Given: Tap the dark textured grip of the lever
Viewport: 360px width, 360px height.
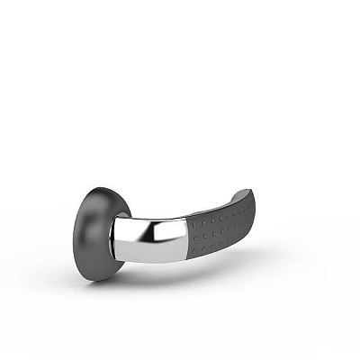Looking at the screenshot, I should coord(220,225).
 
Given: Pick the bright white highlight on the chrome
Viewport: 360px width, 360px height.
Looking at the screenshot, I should coord(135,238).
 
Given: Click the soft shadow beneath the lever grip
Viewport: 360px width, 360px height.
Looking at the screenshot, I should coord(225,256).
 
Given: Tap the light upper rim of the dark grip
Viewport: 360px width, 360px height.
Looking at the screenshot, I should coord(216,206).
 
